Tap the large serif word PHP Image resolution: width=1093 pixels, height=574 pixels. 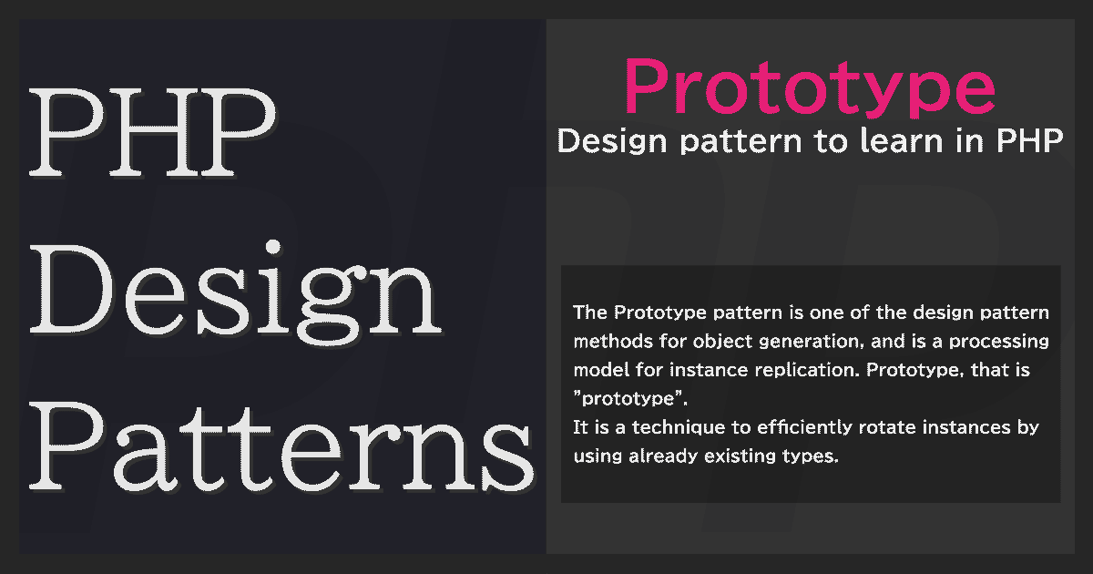(x=153, y=132)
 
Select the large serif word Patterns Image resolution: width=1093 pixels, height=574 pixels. (x=281, y=446)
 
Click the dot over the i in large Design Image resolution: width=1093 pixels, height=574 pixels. (x=273, y=248)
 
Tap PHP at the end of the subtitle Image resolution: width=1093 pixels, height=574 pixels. (x=1029, y=141)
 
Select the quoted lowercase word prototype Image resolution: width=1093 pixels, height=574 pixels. (x=629, y=400)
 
